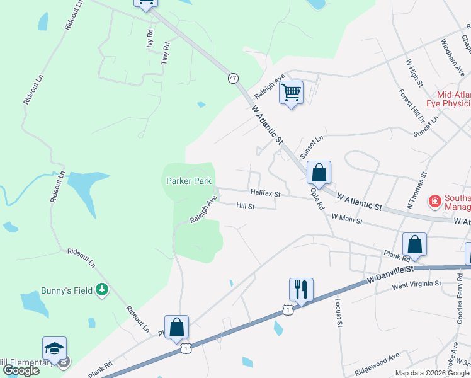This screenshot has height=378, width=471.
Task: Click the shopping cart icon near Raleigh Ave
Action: coord(291,93)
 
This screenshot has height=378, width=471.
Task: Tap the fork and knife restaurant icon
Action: coord(301,290)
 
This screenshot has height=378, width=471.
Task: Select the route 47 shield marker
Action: coord(234,78)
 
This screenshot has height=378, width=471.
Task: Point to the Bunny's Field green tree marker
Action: coord(102,290)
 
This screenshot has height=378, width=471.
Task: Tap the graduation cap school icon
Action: coord(55,348)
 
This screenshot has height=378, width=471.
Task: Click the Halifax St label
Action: coord(264,193)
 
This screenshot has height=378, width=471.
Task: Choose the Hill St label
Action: coord(246,206)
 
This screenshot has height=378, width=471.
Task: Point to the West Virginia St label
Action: coord(416,285)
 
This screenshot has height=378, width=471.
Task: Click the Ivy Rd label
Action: coord(150,39)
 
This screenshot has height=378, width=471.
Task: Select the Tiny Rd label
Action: coord(166,54)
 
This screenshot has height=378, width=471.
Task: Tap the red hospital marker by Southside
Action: coord(434,202)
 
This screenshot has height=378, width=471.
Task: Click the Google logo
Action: coord(20,370)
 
